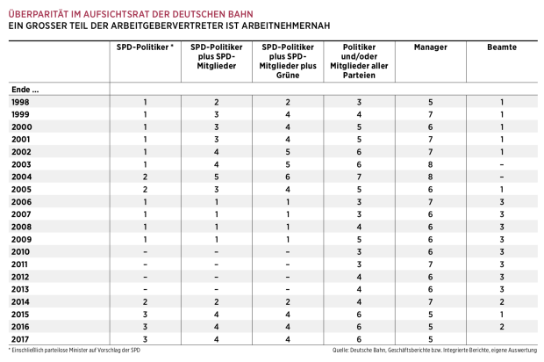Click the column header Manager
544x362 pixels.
[431, 46]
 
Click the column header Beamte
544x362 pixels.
[502, 46]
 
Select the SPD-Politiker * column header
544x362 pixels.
[145, 46]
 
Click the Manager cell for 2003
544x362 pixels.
[431, 164]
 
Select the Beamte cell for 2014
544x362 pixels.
[502, 300]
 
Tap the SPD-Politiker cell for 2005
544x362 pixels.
[145, 189]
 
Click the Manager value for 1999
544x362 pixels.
[431, 115]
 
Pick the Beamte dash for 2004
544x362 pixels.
[502, 177]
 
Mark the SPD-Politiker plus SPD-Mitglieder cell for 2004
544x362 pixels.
[216, 177]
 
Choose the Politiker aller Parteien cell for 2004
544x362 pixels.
[359, 177]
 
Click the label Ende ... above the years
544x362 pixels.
[25, 89]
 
